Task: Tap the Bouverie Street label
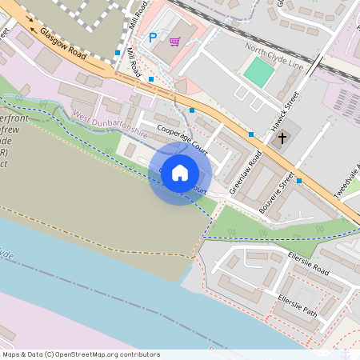pos(278,192)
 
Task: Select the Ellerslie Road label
pos(309,265)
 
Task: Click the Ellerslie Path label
pos(297,306)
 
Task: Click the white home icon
pos(180,173)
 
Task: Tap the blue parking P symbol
pos(154,37)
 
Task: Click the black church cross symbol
pos(282,138)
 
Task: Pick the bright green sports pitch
pos(259,73)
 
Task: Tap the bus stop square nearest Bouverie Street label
pos(299,181)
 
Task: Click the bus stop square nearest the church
pos(251,134)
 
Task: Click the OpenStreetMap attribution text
pos(80,354)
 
